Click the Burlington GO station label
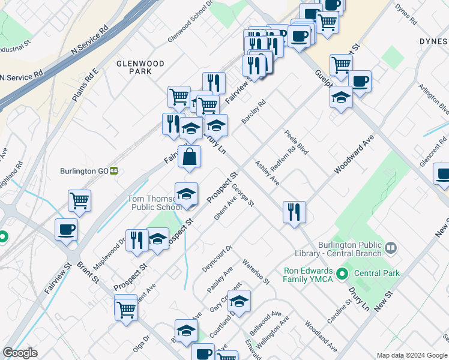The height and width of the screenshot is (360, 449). pos(83,170)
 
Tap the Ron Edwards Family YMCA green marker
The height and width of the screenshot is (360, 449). pos(342,275)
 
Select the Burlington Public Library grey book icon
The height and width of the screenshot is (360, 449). pos(391,248)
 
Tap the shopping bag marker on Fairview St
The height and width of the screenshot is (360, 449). pos(189,157)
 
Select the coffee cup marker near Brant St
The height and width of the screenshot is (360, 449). pos(66,229)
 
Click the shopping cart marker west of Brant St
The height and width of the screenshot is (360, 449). pos(79,201)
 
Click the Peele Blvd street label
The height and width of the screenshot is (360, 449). pos(297,142)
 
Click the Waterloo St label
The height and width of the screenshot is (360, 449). pos(256,272)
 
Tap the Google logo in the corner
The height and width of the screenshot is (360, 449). pos(20,353)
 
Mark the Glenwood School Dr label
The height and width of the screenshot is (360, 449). pos(191,21)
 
